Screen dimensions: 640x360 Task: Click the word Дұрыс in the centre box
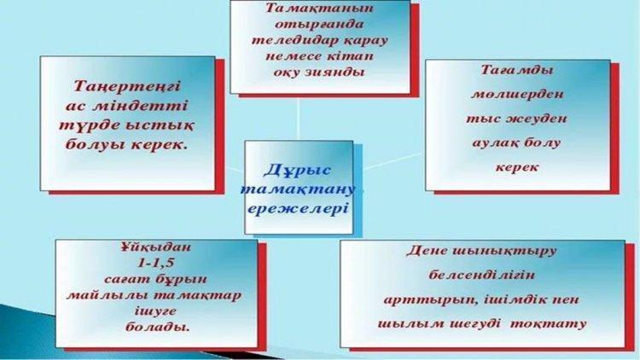[298, 171]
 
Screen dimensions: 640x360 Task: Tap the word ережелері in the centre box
[298, 209]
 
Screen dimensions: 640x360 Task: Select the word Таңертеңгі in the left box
[127, 87]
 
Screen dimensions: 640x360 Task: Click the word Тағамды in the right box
[517, 70]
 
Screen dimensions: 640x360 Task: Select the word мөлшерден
[517, 95]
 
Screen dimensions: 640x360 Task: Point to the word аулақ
[495, 143]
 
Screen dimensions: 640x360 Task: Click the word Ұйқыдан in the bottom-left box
[155, 247]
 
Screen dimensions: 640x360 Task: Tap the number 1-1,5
[156, 264]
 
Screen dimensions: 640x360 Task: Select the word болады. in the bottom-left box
[157, 328]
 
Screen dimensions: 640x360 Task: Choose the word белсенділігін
[481, 275]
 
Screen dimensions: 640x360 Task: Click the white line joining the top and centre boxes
[299, 118]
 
